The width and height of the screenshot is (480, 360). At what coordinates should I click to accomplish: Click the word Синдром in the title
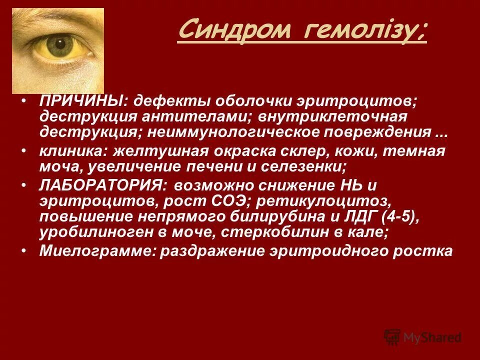(x=234, y=31)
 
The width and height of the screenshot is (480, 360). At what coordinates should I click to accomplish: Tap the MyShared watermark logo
(x=422, y=337)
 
